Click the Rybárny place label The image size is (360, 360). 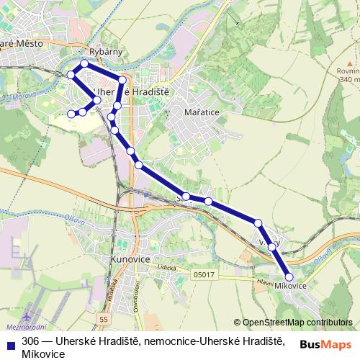click(102, 53)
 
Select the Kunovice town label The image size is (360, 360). click(130, 257)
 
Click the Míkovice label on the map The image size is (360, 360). click(290, 287)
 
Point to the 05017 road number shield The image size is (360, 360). click(203, 274)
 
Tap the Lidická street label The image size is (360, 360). click(168, 267)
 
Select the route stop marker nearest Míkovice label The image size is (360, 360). click(289, 276)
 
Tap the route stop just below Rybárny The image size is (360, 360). click(84, 63)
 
